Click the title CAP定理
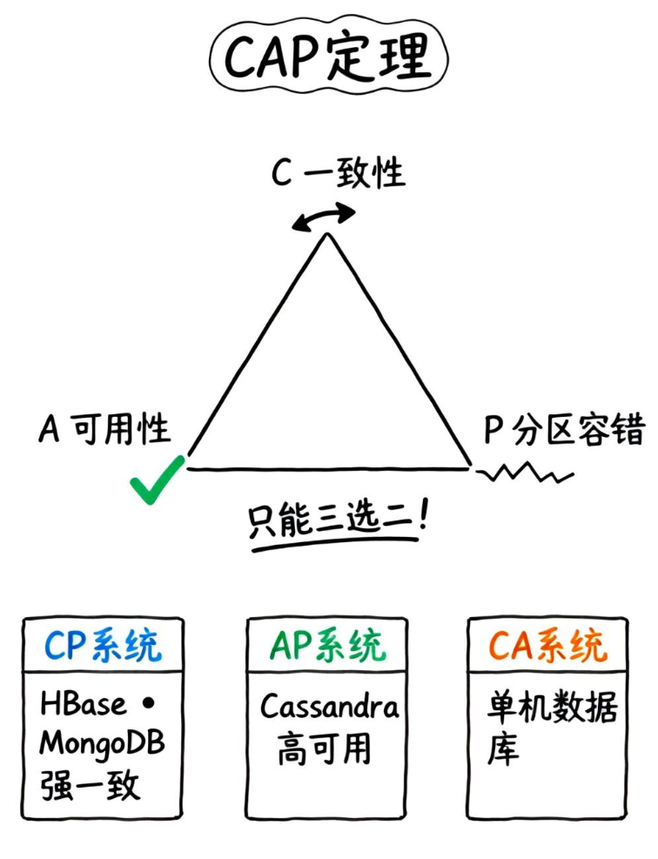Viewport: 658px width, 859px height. (x=328, y=58)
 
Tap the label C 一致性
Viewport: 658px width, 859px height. (x=339, y=173)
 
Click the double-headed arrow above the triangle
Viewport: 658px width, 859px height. (x=324, y=218)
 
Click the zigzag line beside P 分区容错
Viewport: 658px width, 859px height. (x=526, y=474)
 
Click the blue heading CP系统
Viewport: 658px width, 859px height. (x=103, y=646)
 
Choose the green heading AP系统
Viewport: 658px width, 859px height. (x=327, y=646)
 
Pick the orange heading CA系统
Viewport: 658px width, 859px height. (x=547, y=646)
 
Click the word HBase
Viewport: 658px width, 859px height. (x=84, y=704)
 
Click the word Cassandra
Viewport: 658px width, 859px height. (x=329, y=707)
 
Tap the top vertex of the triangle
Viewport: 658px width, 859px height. (x=327, y=235)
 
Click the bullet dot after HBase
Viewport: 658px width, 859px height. (x=146, y=704)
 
